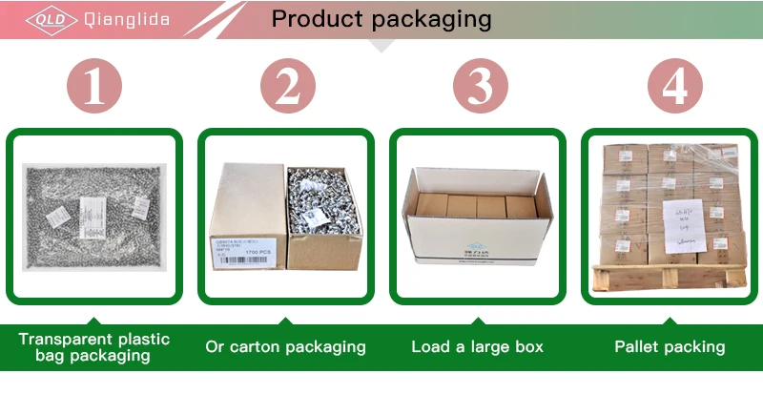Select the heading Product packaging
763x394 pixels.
click(x=381, y=19)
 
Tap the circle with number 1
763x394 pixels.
click(x=94, y=88)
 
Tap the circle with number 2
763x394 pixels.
click(x=286, y=88)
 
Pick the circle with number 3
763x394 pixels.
click(x=477, y=88)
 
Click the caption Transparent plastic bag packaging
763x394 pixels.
click(x=94, y=347)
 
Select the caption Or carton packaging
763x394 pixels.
click(x=285, y=347)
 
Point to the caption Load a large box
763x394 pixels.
click(x=477, y=347)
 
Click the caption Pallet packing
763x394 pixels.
click(x=670, y=347)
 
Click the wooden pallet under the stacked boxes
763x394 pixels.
click(x=668, y=277)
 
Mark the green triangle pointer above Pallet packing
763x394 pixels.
click(x=670, y=320)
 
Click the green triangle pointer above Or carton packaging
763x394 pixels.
click(x=285, y=320)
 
